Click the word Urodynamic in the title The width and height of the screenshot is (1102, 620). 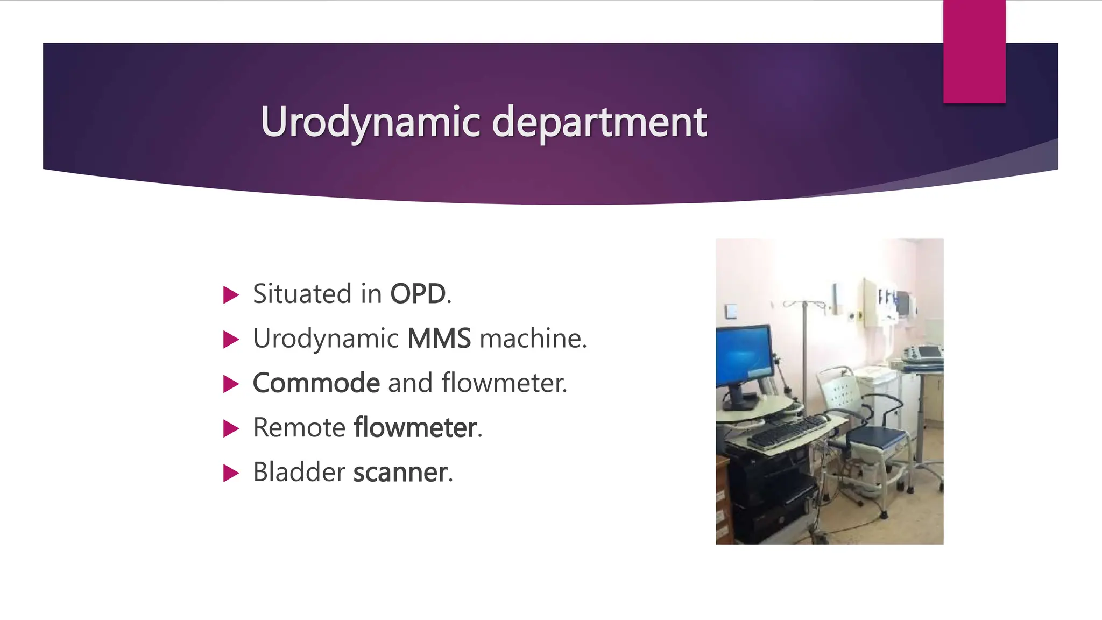370,123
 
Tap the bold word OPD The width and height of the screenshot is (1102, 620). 418,294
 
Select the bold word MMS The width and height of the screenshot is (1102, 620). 439,339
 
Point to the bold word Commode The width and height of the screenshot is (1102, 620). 316,383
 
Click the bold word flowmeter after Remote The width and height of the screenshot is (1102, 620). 415,427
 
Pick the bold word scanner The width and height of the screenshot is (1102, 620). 400,472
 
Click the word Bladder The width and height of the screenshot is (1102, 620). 299,472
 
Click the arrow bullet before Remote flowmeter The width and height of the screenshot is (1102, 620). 231,428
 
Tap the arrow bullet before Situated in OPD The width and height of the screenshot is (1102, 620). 231,295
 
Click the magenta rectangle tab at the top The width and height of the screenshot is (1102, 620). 974,51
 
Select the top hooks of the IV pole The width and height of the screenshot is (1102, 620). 804,305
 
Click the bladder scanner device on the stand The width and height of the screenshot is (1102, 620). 923,354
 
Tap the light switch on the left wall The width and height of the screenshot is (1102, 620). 730,312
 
